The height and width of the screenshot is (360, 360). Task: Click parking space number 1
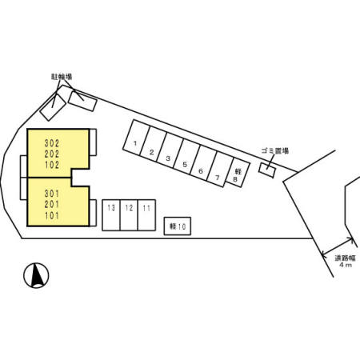click(137, 138)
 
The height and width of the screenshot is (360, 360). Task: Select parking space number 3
click(170, 150)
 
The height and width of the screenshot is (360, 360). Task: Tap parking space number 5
click(186, 157)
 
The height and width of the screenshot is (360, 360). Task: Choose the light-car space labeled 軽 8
click(238, 173)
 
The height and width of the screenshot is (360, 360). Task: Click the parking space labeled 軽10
click(178, 226)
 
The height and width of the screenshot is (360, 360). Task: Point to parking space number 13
click(111, 215)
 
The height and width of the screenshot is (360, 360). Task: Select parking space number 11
click(146, 215)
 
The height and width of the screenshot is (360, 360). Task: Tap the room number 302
click(52, 143)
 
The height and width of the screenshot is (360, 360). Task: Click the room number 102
click(52, 165)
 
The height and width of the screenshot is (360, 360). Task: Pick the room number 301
click(52, 194)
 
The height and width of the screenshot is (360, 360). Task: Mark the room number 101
click(52, 215)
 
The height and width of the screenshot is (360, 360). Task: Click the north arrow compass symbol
click(36, 275)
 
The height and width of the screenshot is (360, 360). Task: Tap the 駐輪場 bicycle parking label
click(62, 77)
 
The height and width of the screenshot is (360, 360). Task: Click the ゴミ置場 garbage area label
click(275, 151)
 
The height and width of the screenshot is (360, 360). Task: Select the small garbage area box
click(267, 170)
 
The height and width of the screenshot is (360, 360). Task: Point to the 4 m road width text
click(346, 265)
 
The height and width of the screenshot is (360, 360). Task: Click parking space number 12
click(129, 215)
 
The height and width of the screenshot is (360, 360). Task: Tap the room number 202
click(52, 154)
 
